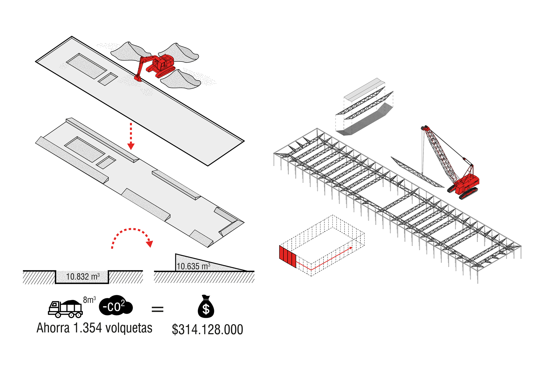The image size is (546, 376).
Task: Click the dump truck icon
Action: [66, 309]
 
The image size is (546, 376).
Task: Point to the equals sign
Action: [158, 309]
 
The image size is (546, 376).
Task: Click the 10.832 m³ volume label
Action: [83, 277]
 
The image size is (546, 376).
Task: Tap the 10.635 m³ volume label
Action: [193, 266]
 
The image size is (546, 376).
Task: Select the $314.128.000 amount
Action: [207, 330]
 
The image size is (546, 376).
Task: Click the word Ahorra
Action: [53, 328]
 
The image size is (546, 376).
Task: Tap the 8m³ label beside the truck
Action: [90, 300]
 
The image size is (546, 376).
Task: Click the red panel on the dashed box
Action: [287, 256]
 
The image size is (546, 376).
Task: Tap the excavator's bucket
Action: [137, 78]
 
